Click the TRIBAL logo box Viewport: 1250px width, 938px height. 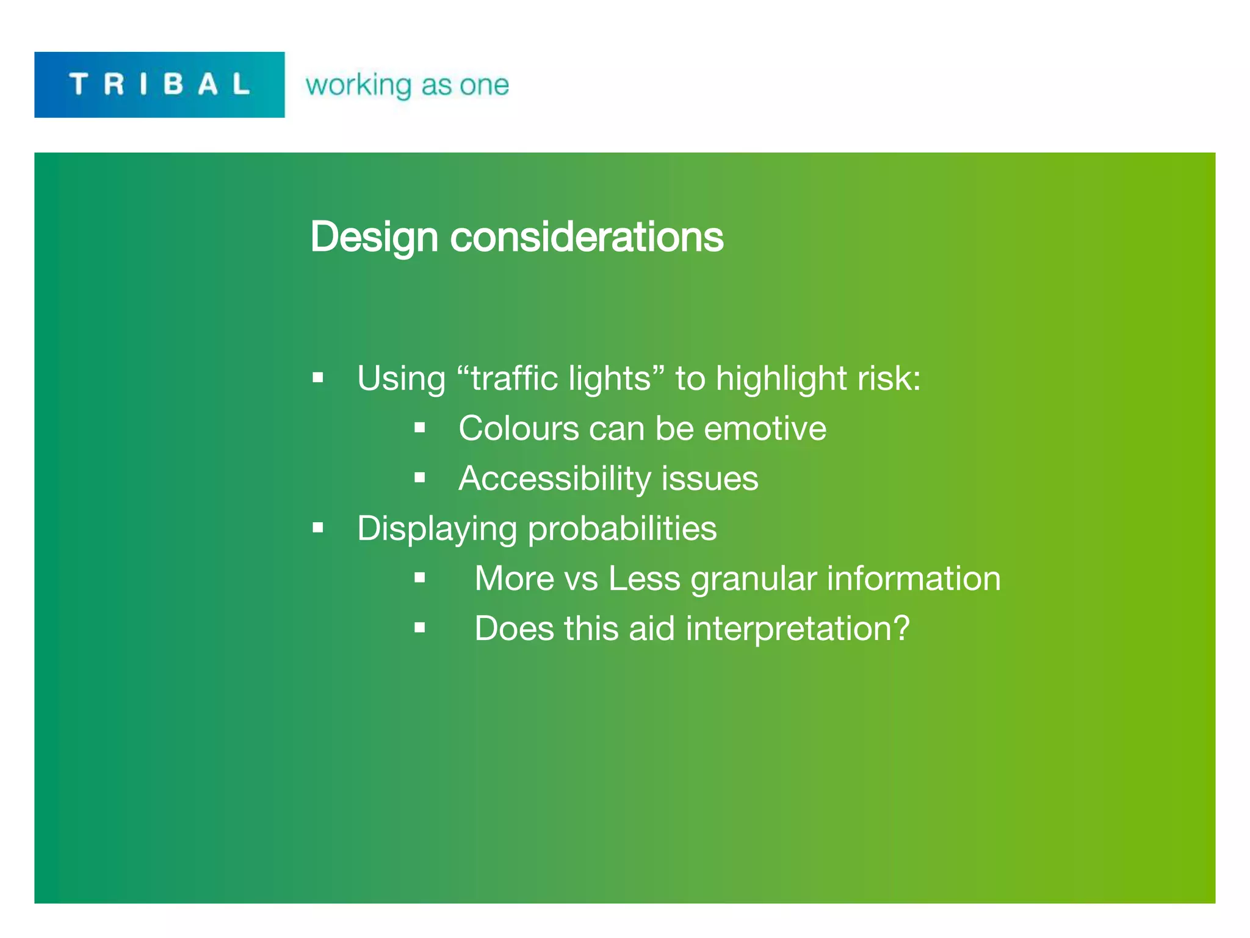pos(159,84)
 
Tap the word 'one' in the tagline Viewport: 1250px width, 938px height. pos(484,85)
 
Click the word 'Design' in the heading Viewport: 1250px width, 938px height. pos(374,237)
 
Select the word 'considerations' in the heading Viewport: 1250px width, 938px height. pos(587,237)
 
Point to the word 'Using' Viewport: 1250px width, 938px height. pos(401,378)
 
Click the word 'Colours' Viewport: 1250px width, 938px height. pos(518,428)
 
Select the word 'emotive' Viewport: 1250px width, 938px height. pos(765,428)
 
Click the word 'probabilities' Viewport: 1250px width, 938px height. pos(622,528)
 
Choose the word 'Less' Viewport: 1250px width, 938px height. pos(644,578)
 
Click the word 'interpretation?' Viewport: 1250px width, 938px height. pos(798,628)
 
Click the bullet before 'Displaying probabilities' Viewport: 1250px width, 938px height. pos(317,528)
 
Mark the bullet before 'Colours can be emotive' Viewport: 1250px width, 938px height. pos(419,427)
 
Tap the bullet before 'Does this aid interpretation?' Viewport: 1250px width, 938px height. pos(419,627)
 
